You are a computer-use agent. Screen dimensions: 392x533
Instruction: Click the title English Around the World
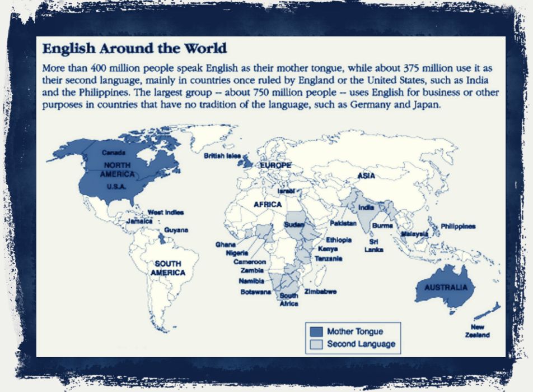pos(135,48)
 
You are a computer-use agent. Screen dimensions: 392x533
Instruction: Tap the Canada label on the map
pos(114,152)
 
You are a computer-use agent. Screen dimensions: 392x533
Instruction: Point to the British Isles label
pos(222,155)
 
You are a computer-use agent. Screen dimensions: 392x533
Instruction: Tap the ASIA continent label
pos(366,176)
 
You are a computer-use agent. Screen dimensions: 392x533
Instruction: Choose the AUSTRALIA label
pos(445,288)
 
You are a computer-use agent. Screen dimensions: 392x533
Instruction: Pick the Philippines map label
pos(458,226)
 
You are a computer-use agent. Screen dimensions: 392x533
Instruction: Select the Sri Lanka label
pos(373,245)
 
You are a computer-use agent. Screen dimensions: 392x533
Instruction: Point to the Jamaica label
pos(139,222)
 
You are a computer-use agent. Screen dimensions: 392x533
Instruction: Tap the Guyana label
pos(176,230)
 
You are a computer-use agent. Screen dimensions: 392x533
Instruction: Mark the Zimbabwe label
pos(320,292)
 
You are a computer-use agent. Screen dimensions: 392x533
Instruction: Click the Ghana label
pos(225,245)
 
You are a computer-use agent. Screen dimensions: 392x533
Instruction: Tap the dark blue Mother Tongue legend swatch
pos(316,331)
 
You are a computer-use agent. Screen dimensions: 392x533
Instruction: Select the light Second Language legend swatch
pos(316,344)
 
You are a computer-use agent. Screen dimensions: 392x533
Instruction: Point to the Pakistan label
pos(343,223)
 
